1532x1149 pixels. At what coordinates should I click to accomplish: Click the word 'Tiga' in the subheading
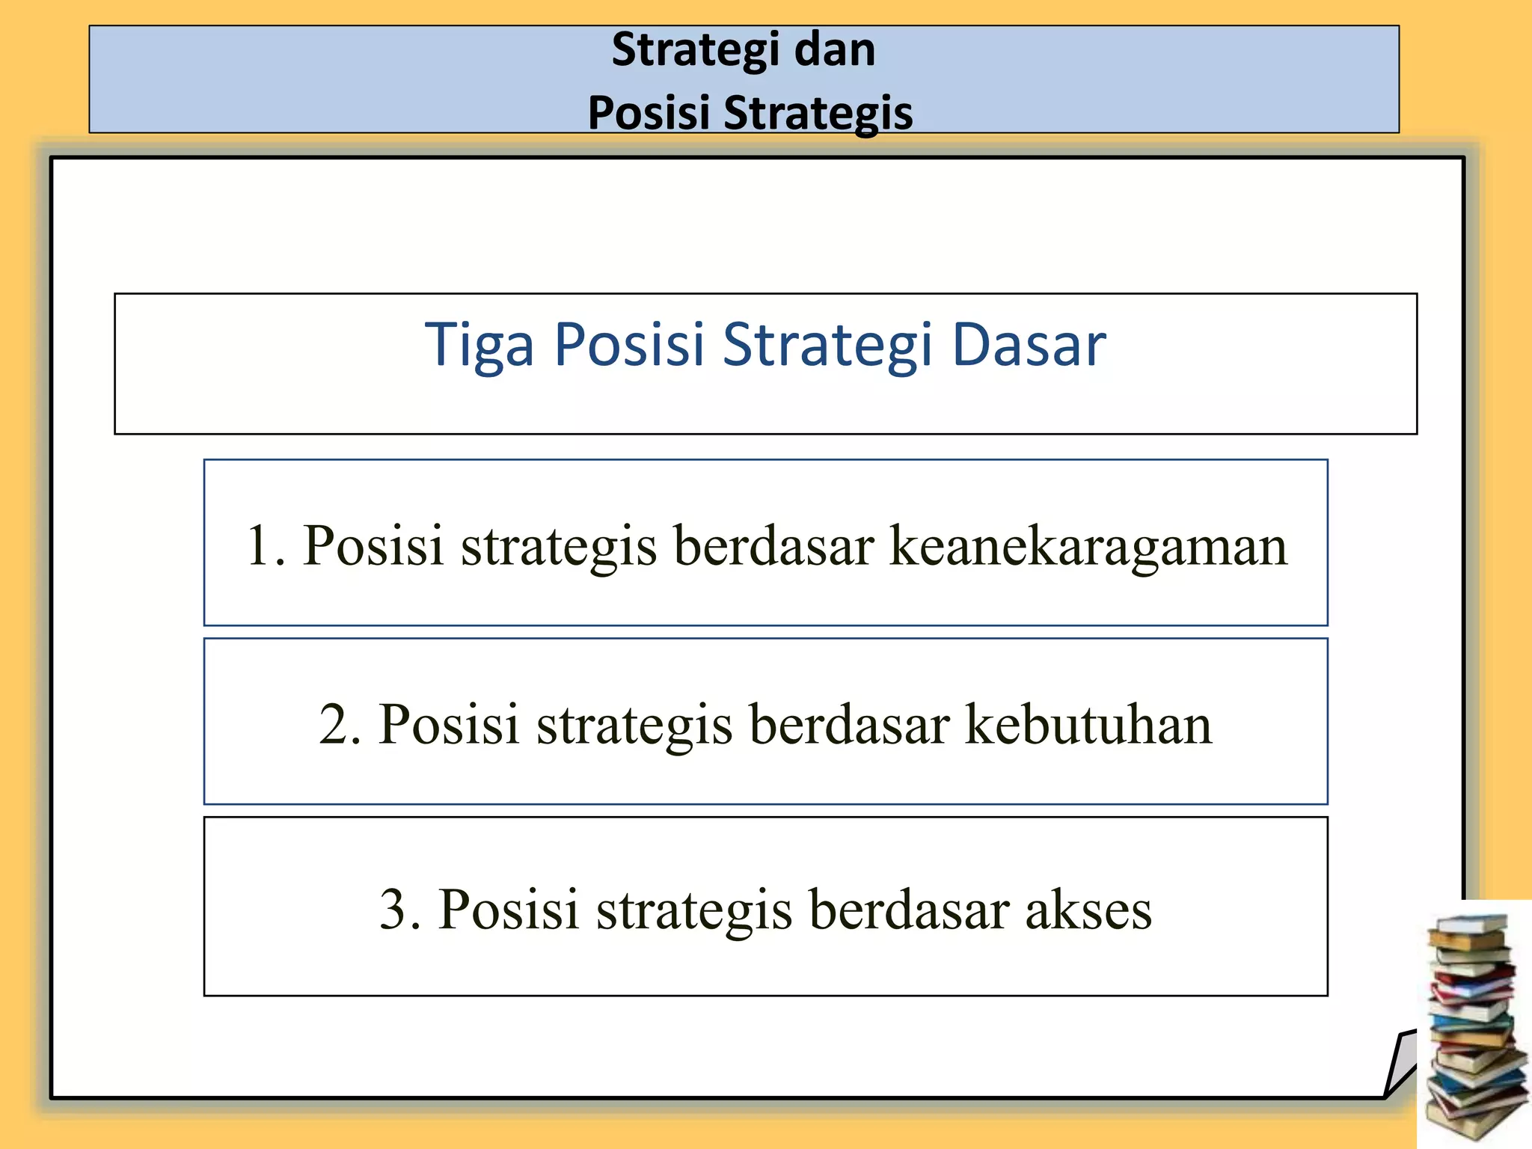tap(479, 345)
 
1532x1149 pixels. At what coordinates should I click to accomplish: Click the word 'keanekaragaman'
tap(1088, 545)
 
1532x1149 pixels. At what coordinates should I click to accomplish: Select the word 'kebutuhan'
tap(1088, 724)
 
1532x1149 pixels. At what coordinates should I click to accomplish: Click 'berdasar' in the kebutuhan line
tap(850, 724)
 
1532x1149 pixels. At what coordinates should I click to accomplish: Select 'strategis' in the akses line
tap(694, 910)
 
